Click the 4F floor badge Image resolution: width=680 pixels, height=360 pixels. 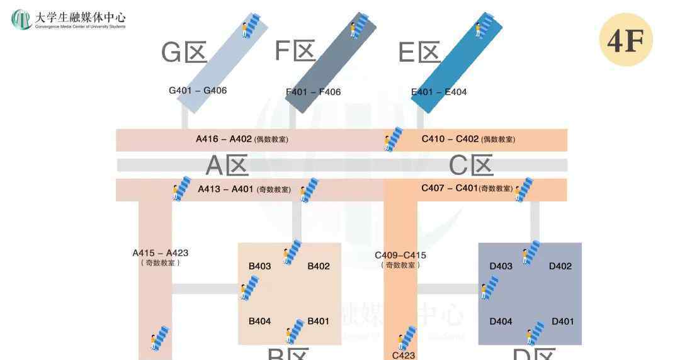(x=625, y=40)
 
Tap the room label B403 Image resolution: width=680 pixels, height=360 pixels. (x=259, y=266)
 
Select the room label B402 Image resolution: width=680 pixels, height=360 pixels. (x=319, y=266)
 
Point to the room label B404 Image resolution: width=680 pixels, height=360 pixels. (x=259, y=322)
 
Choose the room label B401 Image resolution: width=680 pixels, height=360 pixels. (x=319, y=322)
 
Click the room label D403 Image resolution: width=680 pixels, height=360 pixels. (x=501, y=266)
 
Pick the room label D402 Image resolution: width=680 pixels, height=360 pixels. (x=560, y=266)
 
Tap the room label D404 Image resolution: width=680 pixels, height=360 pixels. (x=501, y=322)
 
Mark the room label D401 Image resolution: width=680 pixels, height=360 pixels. (x=563, y=322)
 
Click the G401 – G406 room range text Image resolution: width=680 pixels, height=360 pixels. (x=198, y=91)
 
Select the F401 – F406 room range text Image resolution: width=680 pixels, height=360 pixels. (x=314, y=92)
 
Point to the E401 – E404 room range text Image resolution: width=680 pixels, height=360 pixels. (x=439, y=92)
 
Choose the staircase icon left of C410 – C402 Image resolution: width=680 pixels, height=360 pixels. (x=394, y=140)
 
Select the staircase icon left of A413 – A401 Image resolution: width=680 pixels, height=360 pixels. (x=181, y=188)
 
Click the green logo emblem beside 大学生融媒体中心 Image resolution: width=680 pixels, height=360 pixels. (x=21, y=20)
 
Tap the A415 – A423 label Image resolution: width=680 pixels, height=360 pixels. (x=160, y=253)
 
